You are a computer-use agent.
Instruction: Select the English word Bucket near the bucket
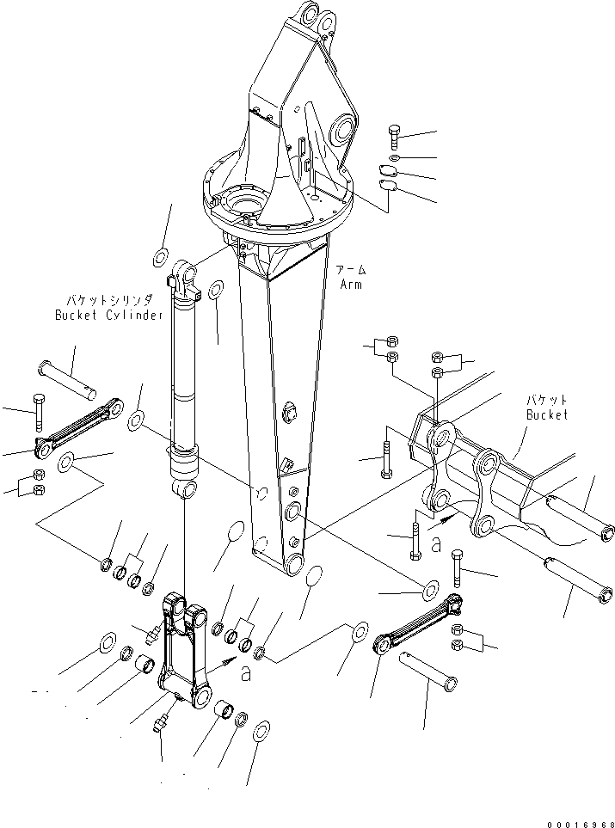coord(547,414)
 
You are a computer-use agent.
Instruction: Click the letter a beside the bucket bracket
coord(437,543)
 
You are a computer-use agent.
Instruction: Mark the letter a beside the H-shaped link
coord(246,675)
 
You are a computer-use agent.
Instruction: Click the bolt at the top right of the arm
coord(394,137)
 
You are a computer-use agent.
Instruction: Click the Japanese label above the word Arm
coord(354,270)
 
